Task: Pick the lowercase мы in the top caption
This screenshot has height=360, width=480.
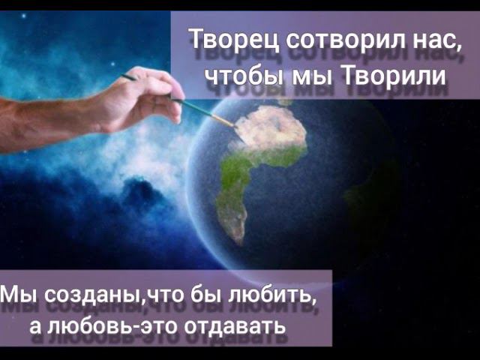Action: [x=309, y=76]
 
